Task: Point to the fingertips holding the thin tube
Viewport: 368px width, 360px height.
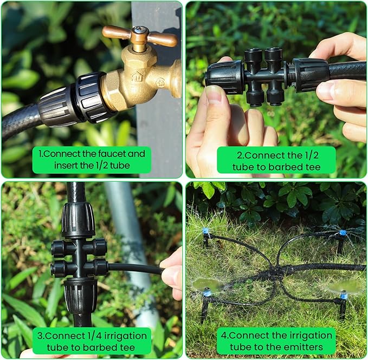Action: point(171,271)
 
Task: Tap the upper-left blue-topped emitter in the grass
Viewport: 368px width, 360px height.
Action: point(206,233)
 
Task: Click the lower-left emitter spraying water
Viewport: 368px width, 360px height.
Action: point(206,293)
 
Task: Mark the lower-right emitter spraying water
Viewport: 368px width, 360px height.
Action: point(343,296)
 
